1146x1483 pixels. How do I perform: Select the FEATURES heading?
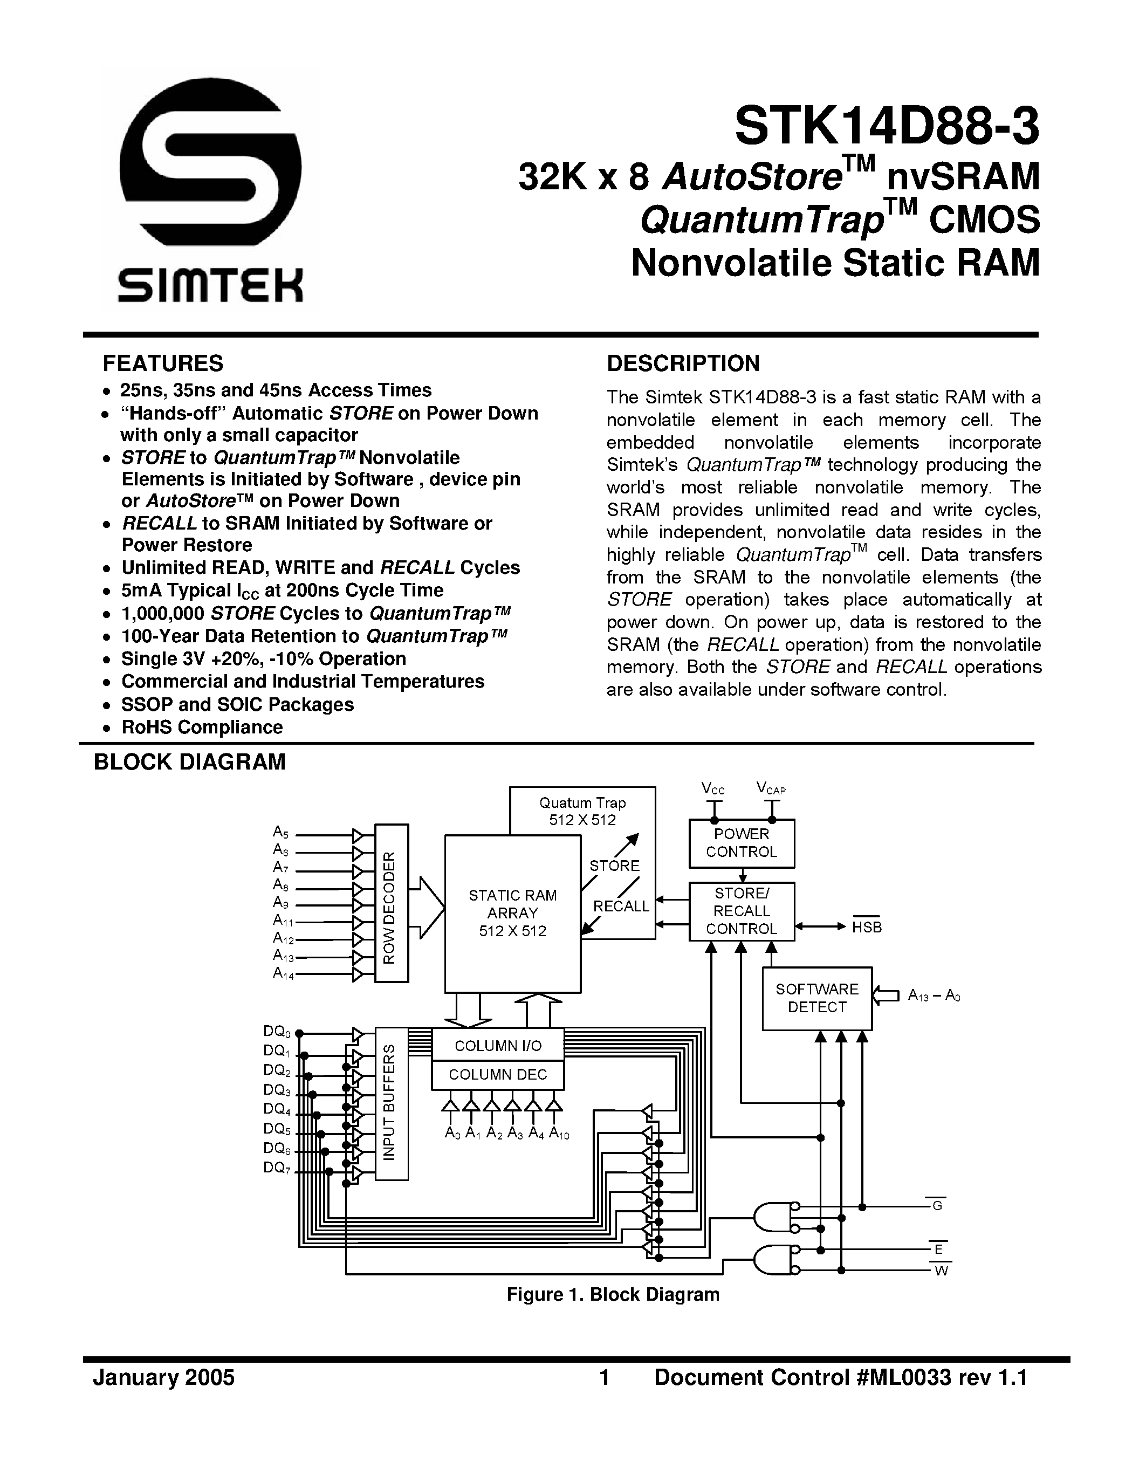[x=163, y=364]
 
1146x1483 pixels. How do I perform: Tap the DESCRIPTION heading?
[x=683, y=364]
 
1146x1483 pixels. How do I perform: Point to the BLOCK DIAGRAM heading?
[x=189, y=762]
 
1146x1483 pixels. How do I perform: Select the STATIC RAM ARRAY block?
[x=512, y=914]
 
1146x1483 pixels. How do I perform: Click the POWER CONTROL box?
[x=742, y=843]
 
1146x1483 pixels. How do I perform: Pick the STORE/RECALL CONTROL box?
[x=742, y=911]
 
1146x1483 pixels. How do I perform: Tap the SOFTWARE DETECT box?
[x=816, y=998]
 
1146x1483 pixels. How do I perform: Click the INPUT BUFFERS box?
[x=391, y=1103]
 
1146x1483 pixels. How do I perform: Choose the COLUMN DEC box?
[x=498, y=1074]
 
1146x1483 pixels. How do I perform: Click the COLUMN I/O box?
[x=498, y=1046]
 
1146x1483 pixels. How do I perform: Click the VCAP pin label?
[x=771, y=788]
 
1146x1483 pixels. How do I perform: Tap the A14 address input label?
[x=283, y=973]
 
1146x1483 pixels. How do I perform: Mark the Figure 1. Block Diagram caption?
[x=613, y=1294]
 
